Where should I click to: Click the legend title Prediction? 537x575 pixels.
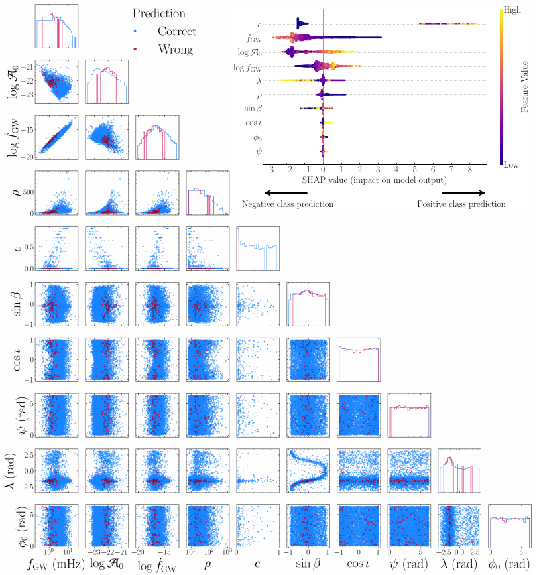(x=158, y=13)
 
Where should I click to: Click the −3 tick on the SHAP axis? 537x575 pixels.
(x=267, y=170)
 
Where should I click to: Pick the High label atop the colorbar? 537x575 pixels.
(x=512, y=10)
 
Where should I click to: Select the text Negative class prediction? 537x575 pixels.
(x=288, y=204)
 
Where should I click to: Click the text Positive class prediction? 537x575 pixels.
(x=461, y=204)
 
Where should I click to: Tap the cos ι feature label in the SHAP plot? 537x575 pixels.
(x=253, y=123)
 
